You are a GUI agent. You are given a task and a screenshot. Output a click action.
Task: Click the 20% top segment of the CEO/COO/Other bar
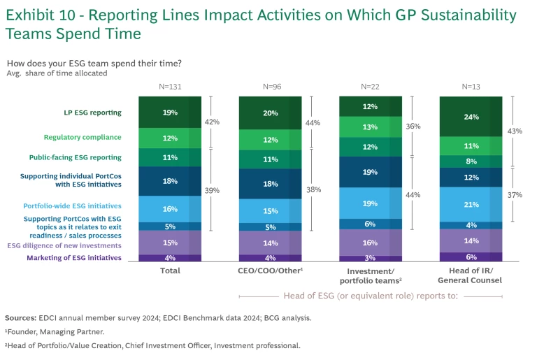[271, 113]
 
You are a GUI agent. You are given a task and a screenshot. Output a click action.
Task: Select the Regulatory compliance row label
[83, 137]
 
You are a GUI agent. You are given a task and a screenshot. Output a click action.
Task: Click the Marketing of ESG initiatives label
[74, 257]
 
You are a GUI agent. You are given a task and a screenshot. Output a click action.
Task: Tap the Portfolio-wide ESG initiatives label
[72, 206]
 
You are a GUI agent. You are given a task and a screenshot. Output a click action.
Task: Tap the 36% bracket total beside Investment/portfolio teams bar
[413, 127]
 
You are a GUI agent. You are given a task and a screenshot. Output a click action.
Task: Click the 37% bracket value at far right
[515, 195]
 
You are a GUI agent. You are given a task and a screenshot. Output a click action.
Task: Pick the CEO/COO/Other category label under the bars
[271, 271]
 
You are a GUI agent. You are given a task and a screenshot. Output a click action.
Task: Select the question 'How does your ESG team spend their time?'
[94, 63]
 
